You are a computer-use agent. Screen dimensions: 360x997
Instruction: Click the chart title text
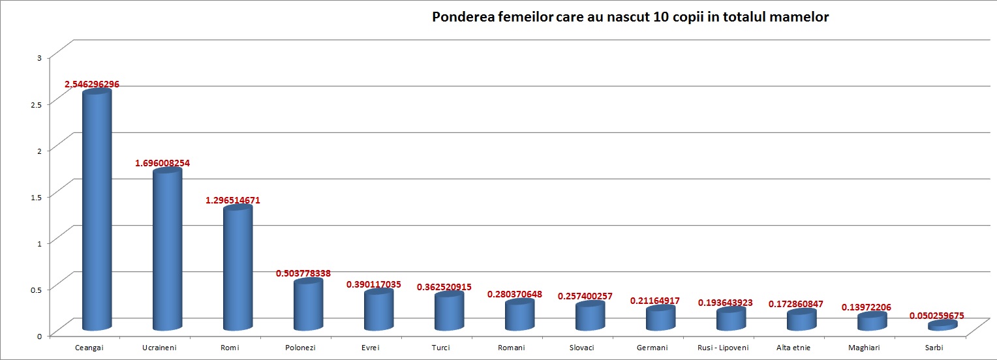(x=630, y=18)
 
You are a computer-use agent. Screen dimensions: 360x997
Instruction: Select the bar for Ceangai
(x=97, y=212)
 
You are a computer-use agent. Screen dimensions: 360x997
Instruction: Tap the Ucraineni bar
(x=167, y=251)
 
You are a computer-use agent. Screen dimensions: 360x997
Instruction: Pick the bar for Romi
(x=238, y=269)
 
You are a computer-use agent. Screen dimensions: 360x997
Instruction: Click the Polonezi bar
(x=308, y=305)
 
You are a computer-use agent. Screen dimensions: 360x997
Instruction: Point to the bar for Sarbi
(x=942, y=325)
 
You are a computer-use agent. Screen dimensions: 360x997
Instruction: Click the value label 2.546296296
(x=92, y=84)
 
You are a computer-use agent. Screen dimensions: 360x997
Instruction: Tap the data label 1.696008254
(x=162, y=163)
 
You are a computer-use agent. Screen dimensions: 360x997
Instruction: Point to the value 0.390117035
(x=374, y=284)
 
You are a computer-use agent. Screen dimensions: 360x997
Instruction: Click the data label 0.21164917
(x=654, y=301)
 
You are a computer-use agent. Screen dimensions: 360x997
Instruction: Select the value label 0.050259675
(x=936, y=316)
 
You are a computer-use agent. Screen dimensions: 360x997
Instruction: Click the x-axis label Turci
(x=441, y=348)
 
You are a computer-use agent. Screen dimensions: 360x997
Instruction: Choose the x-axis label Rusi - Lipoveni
(x=724, y=348)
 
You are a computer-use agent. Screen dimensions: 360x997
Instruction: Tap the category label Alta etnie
(x=793, y=348)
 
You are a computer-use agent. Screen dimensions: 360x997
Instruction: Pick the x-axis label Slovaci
(x=582, y=348)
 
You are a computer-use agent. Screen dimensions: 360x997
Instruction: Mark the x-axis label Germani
(x=652, y=348)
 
